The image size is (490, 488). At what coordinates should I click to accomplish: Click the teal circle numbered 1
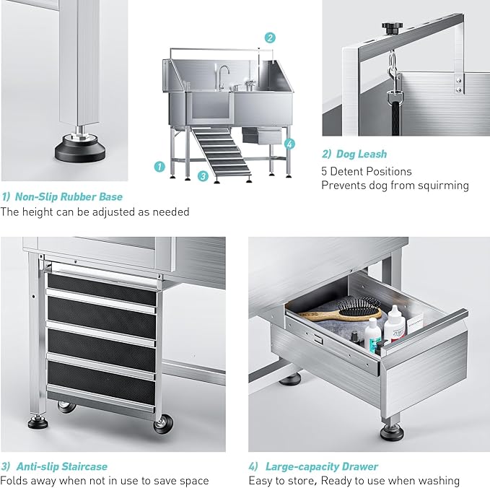(x=159, y=166)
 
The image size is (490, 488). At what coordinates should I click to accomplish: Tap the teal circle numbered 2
(x=270, y=38)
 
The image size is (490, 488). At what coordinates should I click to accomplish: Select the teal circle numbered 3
(x=204, y=175)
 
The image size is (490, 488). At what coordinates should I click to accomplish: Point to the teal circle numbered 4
(x=290, y=144)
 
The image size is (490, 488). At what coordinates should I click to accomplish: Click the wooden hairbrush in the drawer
(x=339, y=313)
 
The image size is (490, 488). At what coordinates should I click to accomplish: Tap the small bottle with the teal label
(x=372, y=334)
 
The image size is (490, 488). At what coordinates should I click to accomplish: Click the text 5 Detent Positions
(x=367, y=171)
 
